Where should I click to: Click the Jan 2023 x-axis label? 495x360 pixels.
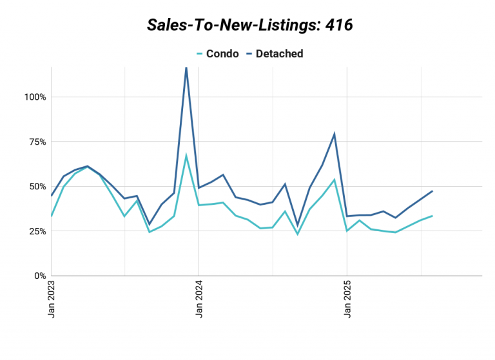pyautogui.click(x=52, y=300)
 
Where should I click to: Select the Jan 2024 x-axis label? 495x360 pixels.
pyautogui.click(x=199, y=300)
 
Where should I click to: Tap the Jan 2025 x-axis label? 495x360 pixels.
pyautogui.click(x=347, y=300)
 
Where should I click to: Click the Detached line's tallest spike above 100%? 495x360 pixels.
pyautogui.click(x=186, y=68)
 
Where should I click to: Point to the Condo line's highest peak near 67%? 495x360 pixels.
pyautogui.click(x=186, y=156)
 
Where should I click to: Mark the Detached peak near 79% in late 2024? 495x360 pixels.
pyautogui.click(x=335, y=134)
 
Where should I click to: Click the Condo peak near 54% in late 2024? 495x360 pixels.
pyautogui.click(x=335, y=180)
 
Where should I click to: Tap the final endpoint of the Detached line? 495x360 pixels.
pyautogui.click(x=432, y=191)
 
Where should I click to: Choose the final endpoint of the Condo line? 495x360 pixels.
pyautogui.click(x=432, y=216)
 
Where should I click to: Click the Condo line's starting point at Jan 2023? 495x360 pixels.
pyautogui.click(x=52, y=216)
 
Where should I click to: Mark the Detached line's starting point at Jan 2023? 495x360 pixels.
pyautogui.click(x=52, y=196)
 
